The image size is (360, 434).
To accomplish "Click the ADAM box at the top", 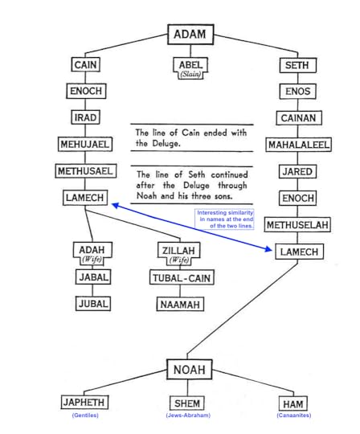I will pyautogui.click(x=190, y=35).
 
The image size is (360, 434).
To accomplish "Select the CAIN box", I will pyautogui.click(x=85, y=64).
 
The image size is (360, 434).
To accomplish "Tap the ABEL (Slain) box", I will pyautogui.click(x=190, y=68).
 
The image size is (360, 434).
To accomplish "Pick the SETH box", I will pyautogui.click(x=297, y=64).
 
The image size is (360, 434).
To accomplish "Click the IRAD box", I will pyautogui.click(x=85, y=117).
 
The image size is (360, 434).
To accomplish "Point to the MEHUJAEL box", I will pyautogui.click(x=85, y=145).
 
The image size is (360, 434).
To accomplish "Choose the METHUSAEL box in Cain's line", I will pyautogui.click(x=85, y=171).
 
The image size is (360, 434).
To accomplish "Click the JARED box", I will pyautogui.click(x=297, y=172).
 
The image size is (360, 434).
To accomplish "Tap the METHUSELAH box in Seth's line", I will pyautogui.click(x=297, y=225).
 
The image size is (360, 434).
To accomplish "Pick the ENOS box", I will pyautogui.click(x=297, y=92).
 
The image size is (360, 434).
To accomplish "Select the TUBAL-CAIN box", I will pyautogui.click(x=180, y=278).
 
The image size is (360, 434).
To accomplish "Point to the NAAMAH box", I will pyautogui.click(x=180, y=304).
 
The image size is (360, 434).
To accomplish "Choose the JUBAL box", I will pyautogui.click(x=93, y=304).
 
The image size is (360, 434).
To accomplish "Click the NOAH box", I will pyautogui.click(x=190, y=369).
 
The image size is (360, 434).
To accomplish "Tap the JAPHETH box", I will pyautogui.click(x=84, y=402).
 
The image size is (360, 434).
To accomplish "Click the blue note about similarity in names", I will pyautogui.click(x=225, y=219).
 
